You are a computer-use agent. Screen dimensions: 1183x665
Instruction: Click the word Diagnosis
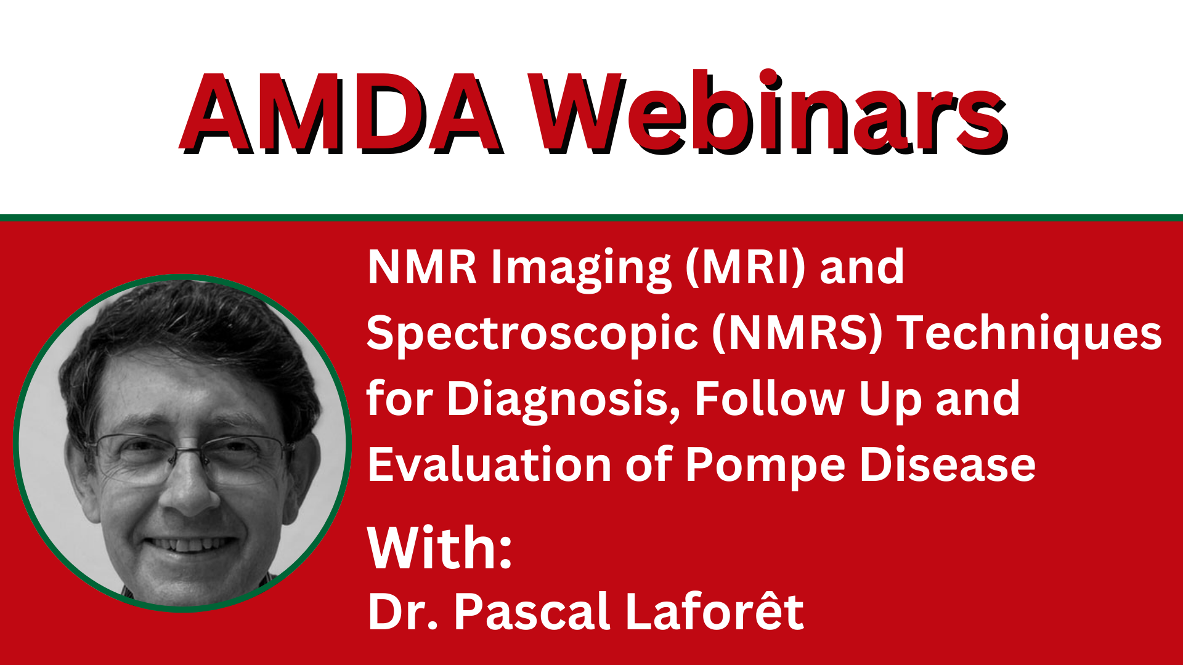(564, 401)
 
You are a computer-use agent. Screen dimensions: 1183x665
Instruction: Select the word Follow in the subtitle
(770, 398)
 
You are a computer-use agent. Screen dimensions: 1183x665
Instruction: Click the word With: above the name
(439, 547)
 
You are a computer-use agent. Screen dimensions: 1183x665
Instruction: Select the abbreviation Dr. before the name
(403, 611)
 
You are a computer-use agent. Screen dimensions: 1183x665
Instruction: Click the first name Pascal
(531, 611)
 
